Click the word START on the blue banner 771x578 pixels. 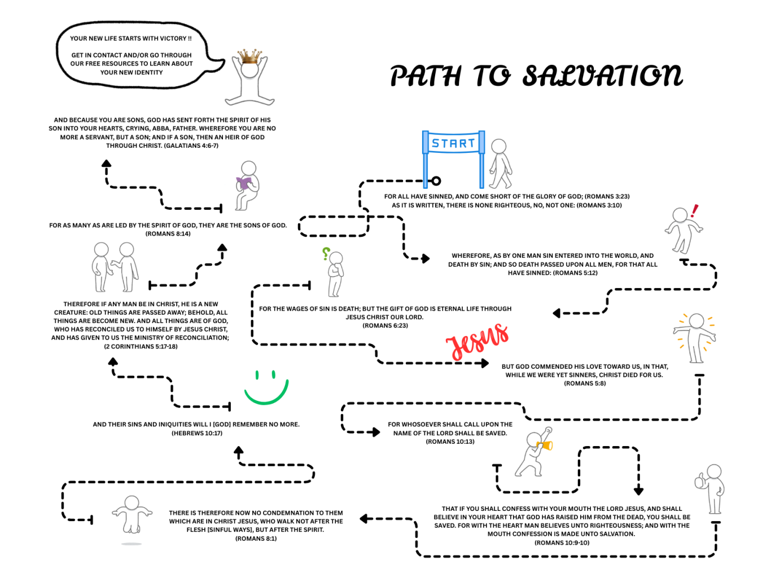point(453,143)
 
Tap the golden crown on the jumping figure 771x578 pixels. point(250,56)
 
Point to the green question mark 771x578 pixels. point(326,254)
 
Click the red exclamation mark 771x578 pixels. point(694,211)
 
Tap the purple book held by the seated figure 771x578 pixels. point(244,183)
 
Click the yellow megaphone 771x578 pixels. point(545,445)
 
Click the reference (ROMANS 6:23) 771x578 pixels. point(385,325)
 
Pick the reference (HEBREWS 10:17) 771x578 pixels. point(197,433)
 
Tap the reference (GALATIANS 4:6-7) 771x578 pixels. point(191,145)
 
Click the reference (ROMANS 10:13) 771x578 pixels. point(450,442)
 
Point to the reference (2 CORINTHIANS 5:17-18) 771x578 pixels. point(141,346)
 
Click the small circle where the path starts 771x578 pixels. point(436,181)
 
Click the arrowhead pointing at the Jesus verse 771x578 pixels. point(484,363)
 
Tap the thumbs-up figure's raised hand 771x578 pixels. point(700,480)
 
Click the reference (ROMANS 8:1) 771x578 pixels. point(256,539)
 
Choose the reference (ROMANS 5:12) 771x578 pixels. point(575,273)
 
